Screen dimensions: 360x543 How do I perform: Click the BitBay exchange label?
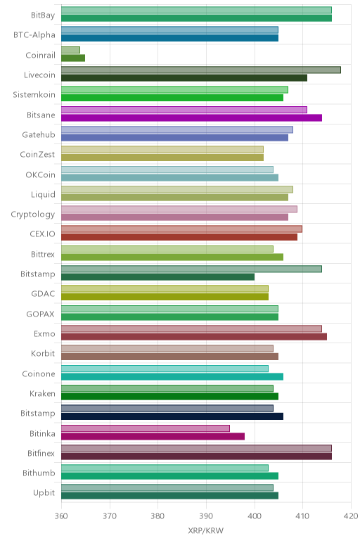pos(43,15)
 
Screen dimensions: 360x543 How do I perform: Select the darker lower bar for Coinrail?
pos(73,58)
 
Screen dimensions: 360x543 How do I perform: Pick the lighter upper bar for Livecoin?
pos(201,70)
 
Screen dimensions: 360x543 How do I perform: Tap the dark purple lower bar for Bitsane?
pos(192,118)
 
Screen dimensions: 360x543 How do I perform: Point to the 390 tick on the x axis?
pos(206,516)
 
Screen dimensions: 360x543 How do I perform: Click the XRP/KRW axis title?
pos(205,530)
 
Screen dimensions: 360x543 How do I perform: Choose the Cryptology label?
pos(33,215)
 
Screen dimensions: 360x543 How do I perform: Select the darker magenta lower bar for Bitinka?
pos(153,436)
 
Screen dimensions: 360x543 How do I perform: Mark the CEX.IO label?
pos(42,234)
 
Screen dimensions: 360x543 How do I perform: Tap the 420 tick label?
pos(351,516)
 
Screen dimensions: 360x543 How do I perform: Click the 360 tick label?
pos(61,516)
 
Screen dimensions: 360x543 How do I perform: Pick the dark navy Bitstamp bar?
pos(172,416)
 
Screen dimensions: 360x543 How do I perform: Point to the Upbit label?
pos(44,493)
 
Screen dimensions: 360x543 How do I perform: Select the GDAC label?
pos(43,294)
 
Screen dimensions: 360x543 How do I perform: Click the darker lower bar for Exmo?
pos(194,337)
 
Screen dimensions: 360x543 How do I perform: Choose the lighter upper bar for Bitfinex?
pos(197,448)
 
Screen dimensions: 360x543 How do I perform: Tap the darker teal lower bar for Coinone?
pos(172,377)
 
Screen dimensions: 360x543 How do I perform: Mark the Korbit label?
pos(43,354)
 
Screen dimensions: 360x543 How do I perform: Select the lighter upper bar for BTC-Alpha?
pos(170,30)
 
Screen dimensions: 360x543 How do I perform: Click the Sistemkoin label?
pos(34,94)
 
